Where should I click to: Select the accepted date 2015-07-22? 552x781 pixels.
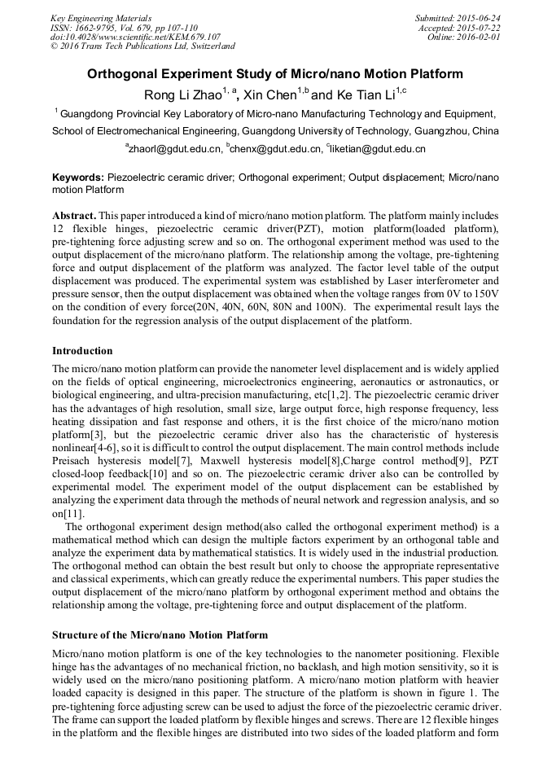pos(480,28)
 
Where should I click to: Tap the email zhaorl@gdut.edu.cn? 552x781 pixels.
pos(174,150)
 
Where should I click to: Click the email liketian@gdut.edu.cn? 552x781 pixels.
pos(378,150)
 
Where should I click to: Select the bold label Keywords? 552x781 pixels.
pos(78,177)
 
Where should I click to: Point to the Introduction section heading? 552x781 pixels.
pos(82,351)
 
